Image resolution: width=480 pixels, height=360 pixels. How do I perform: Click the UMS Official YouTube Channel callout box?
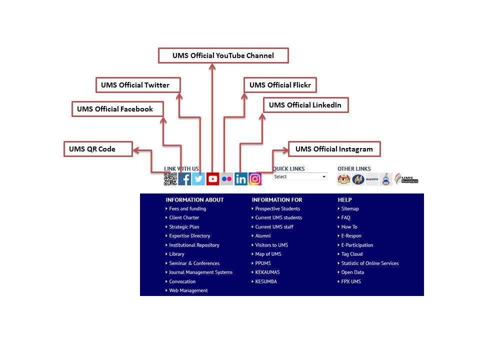point(223,55)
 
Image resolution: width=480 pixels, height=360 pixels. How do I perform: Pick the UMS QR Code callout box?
point(98,149)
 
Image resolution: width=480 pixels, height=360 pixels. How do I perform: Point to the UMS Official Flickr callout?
point(280,85)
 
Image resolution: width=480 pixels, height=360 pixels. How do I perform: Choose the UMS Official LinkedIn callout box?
point(305,105)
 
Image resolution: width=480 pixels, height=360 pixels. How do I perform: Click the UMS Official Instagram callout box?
point(334,149)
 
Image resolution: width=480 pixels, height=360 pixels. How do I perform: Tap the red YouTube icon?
point(213,179)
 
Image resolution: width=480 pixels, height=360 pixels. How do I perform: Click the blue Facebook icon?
point(184,179)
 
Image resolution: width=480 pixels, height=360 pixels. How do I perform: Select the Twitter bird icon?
point(198,179)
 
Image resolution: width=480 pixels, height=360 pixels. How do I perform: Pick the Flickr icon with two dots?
point(227,179)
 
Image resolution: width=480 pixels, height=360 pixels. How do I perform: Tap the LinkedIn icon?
point(241,179)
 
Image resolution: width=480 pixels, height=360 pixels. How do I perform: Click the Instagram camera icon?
point(255,179)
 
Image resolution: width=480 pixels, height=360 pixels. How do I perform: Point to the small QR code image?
point(170,179)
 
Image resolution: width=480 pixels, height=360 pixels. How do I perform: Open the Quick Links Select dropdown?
point(300,176)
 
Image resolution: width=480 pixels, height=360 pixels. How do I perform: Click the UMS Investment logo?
point(406,178)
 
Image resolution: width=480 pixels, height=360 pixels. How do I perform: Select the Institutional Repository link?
point(194,245)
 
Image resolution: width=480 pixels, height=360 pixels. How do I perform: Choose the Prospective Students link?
point(277,208)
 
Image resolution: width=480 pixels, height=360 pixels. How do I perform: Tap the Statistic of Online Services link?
point(370,263)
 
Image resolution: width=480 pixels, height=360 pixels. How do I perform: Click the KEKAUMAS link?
point(267,272)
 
